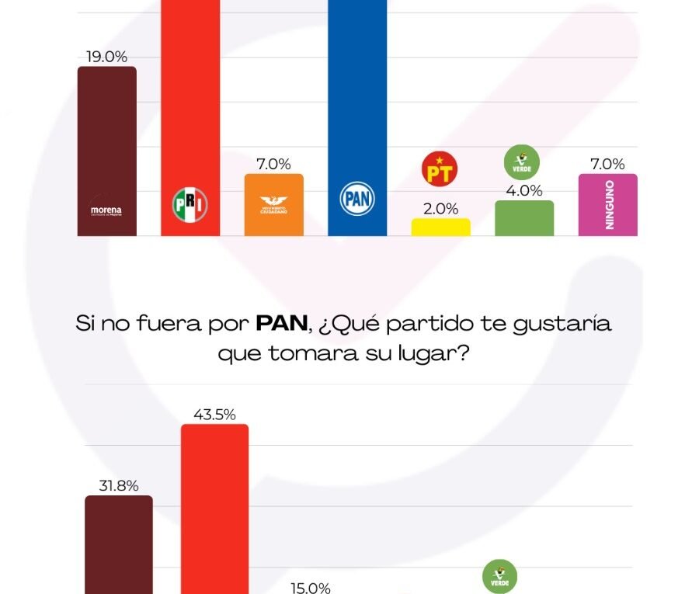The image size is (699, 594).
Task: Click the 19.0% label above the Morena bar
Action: pyautogui.click(x=106, y=57)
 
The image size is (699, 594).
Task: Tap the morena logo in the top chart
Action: pyautogui.click(x=106, y=210)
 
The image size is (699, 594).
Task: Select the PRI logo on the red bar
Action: pyautogui.click(x=190, y=203)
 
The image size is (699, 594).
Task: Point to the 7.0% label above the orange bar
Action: pyautogui.click(x=273, y=164)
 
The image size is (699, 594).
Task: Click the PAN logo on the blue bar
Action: pyautogui.click(x=357, y=199)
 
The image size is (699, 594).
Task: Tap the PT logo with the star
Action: pyautogui.click(x=440, y=169)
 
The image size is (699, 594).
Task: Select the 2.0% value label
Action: pyautogui.click(x=441, y=209)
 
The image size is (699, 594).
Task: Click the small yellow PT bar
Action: pyautogui.click(x=440, y=227)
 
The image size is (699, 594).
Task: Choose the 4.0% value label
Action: pyautogui.click(x=524, y=191)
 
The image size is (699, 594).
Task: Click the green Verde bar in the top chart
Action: pyautogui.click(x=524, y=218)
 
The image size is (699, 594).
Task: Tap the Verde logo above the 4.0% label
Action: pyautogui.click(x=522, y=162)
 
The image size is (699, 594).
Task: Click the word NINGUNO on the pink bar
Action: pyautogui.click(x=609, y=204)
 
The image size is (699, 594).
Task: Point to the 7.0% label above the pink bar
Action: pyautogui.click(x=607, y=164)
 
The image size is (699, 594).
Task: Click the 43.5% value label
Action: pyautogui.click(x=214, y=414)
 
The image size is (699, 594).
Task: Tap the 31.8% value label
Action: pyautogui.click(x=118, y=486)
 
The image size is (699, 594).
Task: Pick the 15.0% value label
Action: pyautogui.click(x=311, y=588)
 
